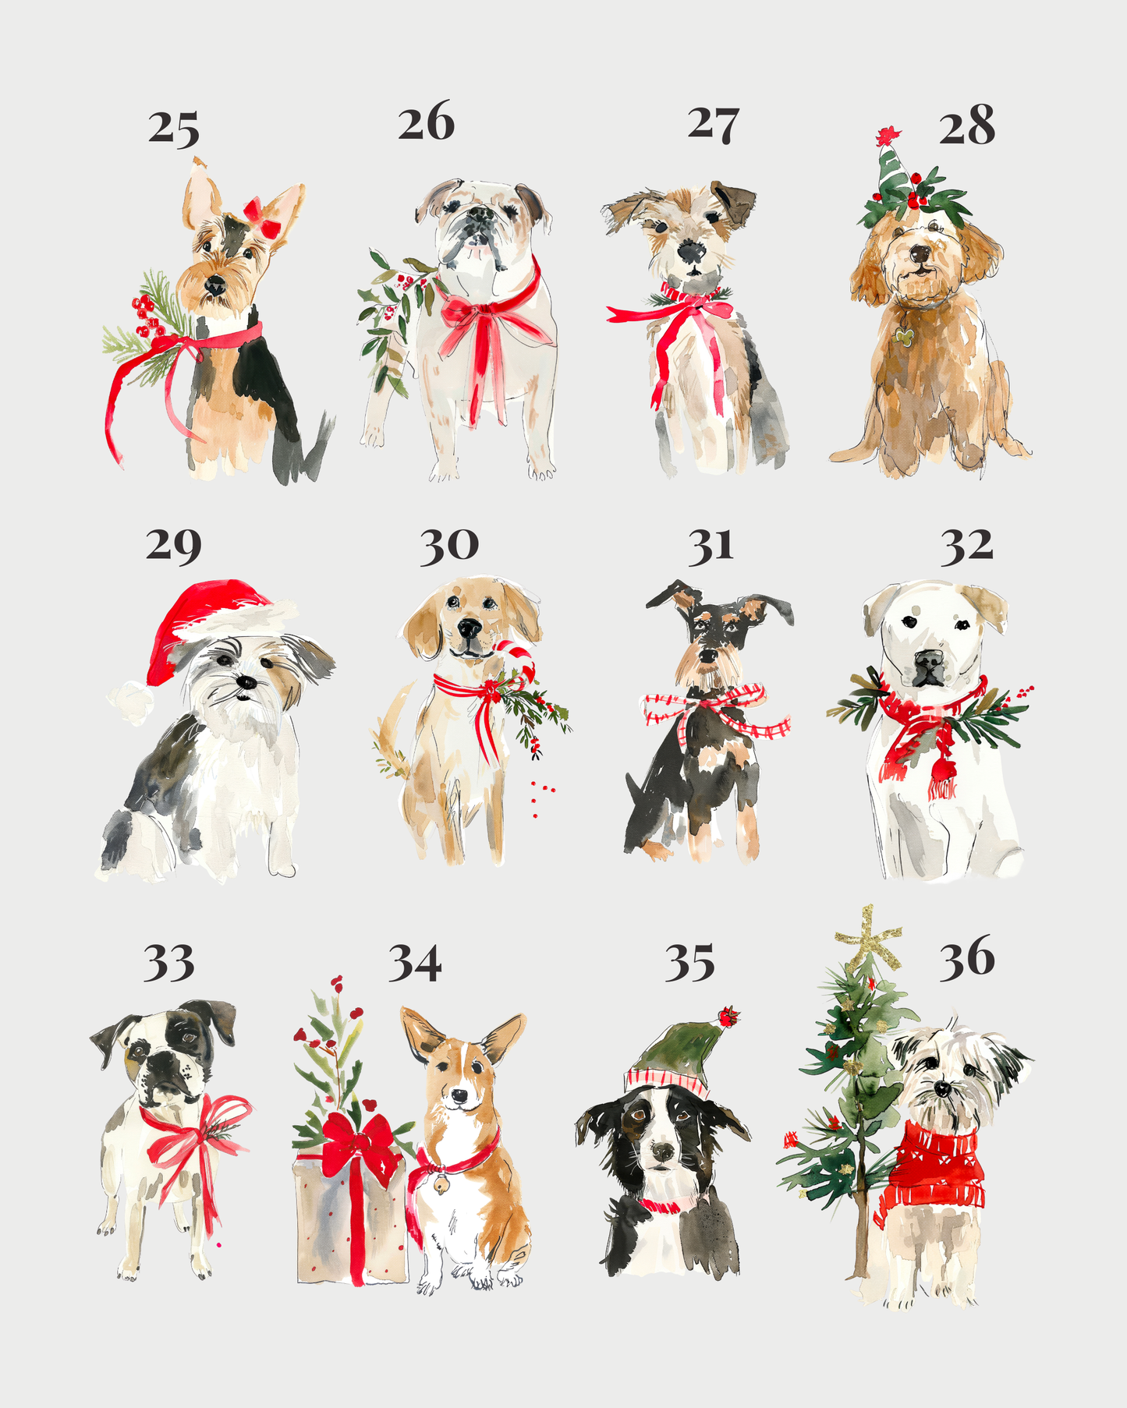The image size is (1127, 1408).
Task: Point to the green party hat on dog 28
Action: coord(889,173)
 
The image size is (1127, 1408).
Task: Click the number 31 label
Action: coord(710,547)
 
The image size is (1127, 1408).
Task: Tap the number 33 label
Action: coord(168,964)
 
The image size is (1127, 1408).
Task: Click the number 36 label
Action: coord(966,958)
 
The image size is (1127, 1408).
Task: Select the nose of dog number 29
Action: coord(246,682)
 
